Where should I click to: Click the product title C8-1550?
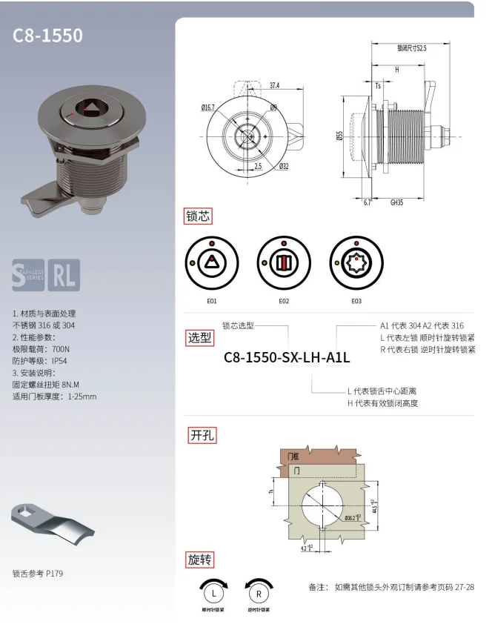(48, 36)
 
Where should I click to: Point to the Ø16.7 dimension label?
(207, 107)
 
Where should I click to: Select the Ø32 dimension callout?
(284, 167)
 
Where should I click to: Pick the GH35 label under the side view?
(396, 202)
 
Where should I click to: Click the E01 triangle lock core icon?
(212, 263)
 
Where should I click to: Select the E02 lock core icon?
(284, 263)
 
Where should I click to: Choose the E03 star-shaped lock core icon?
(356, 263)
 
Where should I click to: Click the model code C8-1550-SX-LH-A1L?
(287, 357)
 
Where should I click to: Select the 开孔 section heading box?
(200, 435)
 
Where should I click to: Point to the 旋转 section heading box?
(200, 559)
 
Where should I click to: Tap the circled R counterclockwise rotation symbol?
(259, 592)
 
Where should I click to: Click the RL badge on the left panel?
(65, 275)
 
